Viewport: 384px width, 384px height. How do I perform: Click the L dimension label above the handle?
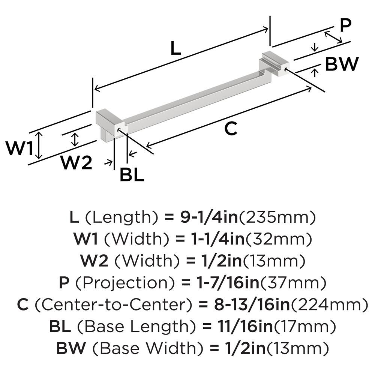[175, 48]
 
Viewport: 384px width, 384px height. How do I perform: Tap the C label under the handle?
[231, 129]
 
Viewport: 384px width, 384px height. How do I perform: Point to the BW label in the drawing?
[342, 64]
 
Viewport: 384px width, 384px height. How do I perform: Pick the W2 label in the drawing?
[76, 162]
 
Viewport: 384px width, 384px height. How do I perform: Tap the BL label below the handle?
[132, 175]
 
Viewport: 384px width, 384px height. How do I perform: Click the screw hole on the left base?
[119, 130]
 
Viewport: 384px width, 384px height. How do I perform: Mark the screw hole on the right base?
[287, 69]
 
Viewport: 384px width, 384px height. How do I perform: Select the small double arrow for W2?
[75, 139]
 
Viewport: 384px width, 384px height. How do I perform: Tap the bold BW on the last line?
[71, 348]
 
